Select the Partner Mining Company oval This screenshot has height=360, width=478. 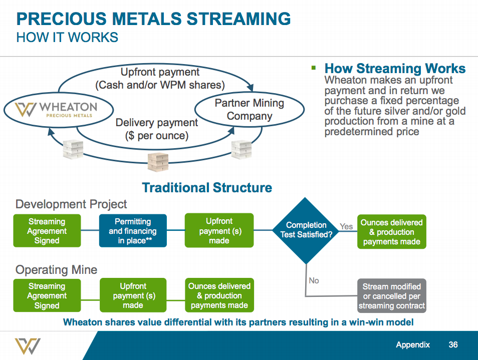coord(249,110)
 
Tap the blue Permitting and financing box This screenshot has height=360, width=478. coord(133,231)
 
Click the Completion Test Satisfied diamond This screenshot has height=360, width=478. coord(306,230)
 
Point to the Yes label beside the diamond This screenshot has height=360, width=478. coord(346,226)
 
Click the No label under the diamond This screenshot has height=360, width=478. coord(314,280)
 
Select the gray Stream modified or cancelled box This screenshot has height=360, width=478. coord(391,296)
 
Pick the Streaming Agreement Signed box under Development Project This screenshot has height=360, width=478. coord(47,231)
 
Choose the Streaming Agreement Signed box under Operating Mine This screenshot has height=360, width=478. coord(47,296)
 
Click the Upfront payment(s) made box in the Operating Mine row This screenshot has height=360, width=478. coord(133,296)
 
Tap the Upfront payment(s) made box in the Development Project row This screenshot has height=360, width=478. coord(219,230)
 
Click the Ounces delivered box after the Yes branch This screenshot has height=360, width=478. coord(391,232)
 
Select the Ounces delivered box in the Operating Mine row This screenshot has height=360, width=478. coord(219,295)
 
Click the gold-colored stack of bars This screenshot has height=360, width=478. coord(158,161)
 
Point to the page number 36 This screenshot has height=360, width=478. coord(453,345)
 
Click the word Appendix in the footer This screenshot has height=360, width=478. coord(413,345)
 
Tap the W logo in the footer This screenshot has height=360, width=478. coord(28,346)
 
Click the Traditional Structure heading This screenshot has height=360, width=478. coord(207,188)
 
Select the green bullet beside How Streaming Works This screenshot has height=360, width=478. coord(314,68)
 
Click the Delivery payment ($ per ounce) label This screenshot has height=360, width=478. coord(157,129)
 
